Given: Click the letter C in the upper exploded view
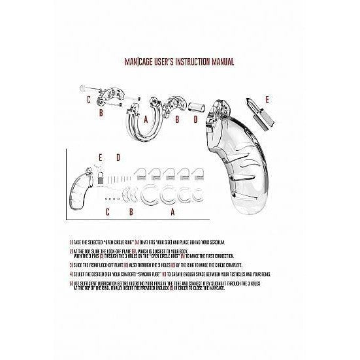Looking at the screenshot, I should pos(88,99).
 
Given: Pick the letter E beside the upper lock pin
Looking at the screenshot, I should pos(266,99).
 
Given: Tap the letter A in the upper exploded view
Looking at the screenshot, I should pos(146,119).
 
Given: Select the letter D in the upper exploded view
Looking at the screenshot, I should pos(195,119).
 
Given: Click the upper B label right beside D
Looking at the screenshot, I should pos(178,119).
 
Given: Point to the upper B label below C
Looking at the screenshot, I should pos(101,114).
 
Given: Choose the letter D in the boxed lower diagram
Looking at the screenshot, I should pos(118,157).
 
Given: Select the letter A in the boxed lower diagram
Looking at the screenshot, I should pos(172,212).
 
